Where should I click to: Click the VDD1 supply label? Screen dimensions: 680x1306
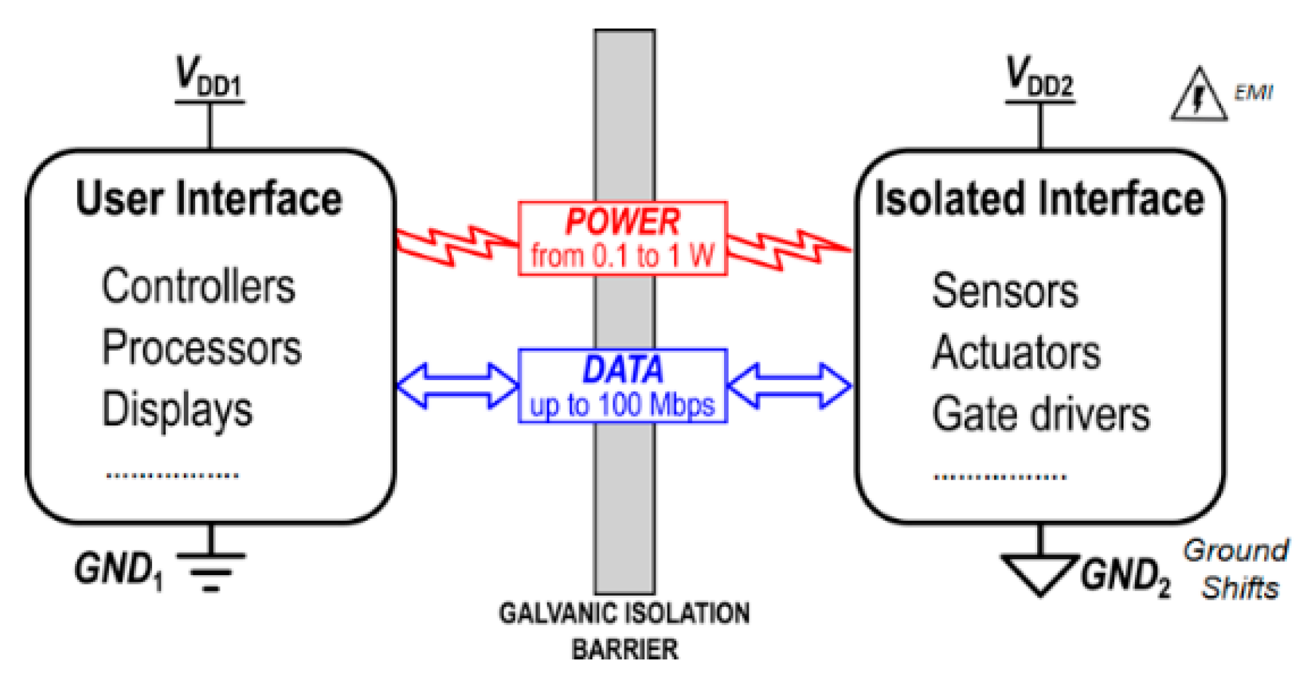tap(208, 77)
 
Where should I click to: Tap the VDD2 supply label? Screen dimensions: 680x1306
tap(1039, 77)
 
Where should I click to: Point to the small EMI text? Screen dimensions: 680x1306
tap(1254, 92)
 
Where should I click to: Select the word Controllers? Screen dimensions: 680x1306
tap(198, 287)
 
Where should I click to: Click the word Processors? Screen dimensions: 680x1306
tap(202, 348)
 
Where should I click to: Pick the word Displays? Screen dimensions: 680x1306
tap(177, 409)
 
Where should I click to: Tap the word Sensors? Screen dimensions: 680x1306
tap(1005, 291)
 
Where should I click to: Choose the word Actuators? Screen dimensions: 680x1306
tap(1016, 352)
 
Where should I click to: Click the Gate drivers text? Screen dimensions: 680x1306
tap(1041, 415)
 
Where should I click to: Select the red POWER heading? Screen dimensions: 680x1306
tap(622, 222)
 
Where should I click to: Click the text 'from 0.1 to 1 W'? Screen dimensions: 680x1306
tap(622, 256)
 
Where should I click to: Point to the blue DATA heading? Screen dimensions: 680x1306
tap(622, 370)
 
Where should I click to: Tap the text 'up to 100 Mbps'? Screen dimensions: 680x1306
tap(622, 405)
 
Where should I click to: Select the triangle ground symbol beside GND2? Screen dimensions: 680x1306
tap(1039, 572)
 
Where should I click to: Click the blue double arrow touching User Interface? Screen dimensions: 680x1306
tap(457, 385)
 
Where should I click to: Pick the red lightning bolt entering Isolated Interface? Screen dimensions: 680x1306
tap(788, 250)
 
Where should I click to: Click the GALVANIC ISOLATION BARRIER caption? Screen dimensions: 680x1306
tap(624, 630)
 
